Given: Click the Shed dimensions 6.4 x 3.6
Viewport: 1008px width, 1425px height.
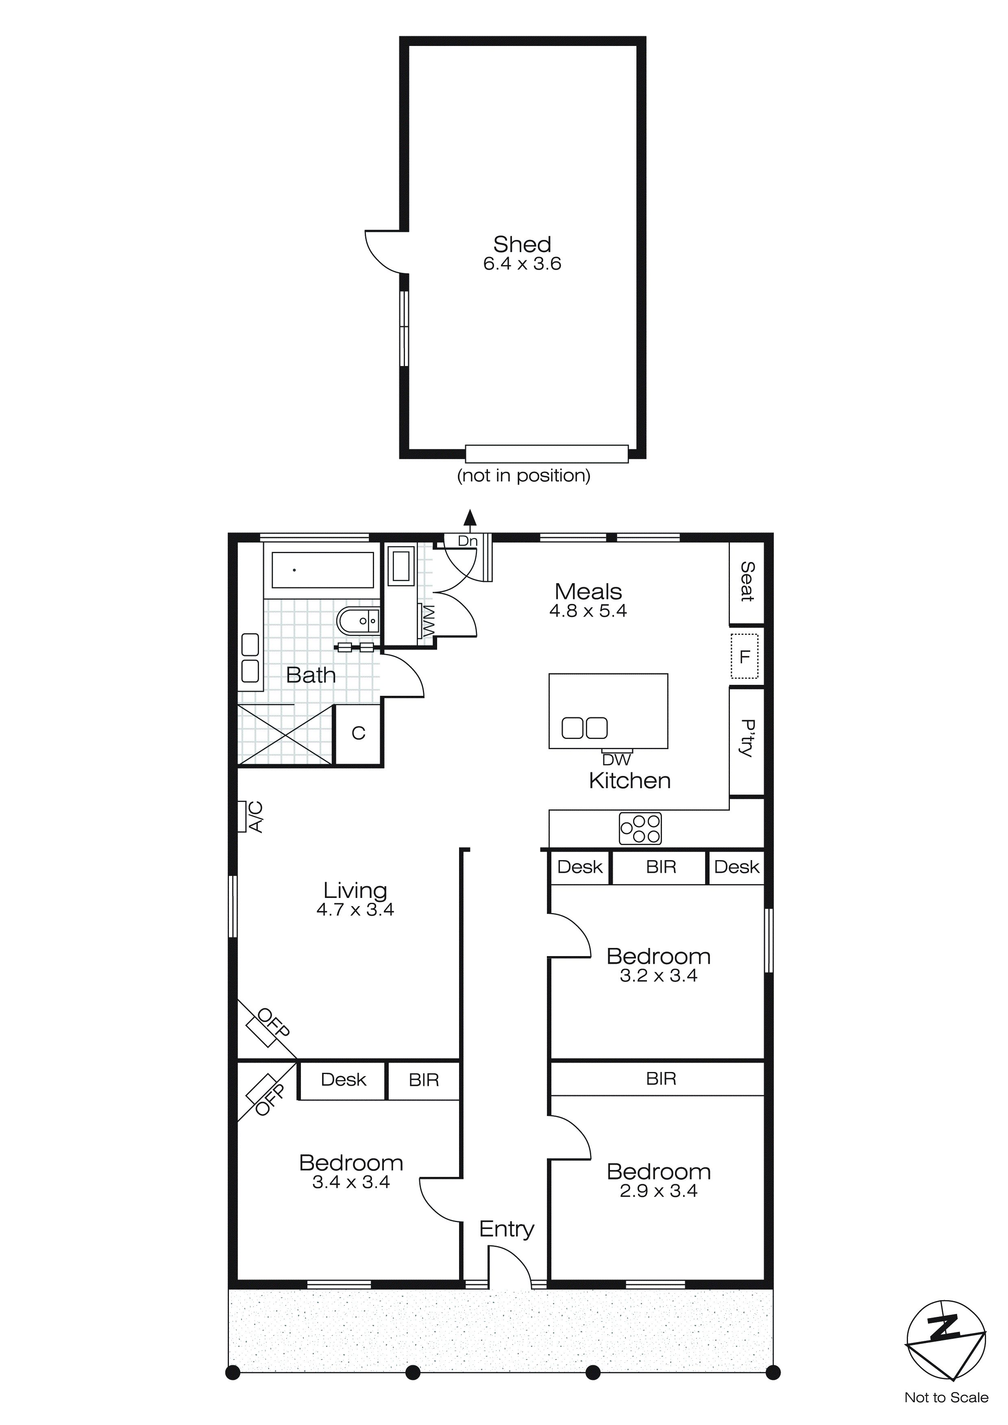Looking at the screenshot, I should point(522,264).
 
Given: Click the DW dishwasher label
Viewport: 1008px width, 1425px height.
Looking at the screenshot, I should point(616,760).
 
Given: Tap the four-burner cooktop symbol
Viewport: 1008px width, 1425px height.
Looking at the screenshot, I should point(640,828).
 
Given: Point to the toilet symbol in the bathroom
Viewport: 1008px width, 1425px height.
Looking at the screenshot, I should point(358,620).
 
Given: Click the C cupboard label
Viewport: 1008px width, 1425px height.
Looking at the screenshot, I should point(358,734).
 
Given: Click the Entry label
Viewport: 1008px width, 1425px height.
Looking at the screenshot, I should point(507,1229).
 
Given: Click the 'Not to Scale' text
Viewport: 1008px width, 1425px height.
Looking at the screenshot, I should point(946,1398).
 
